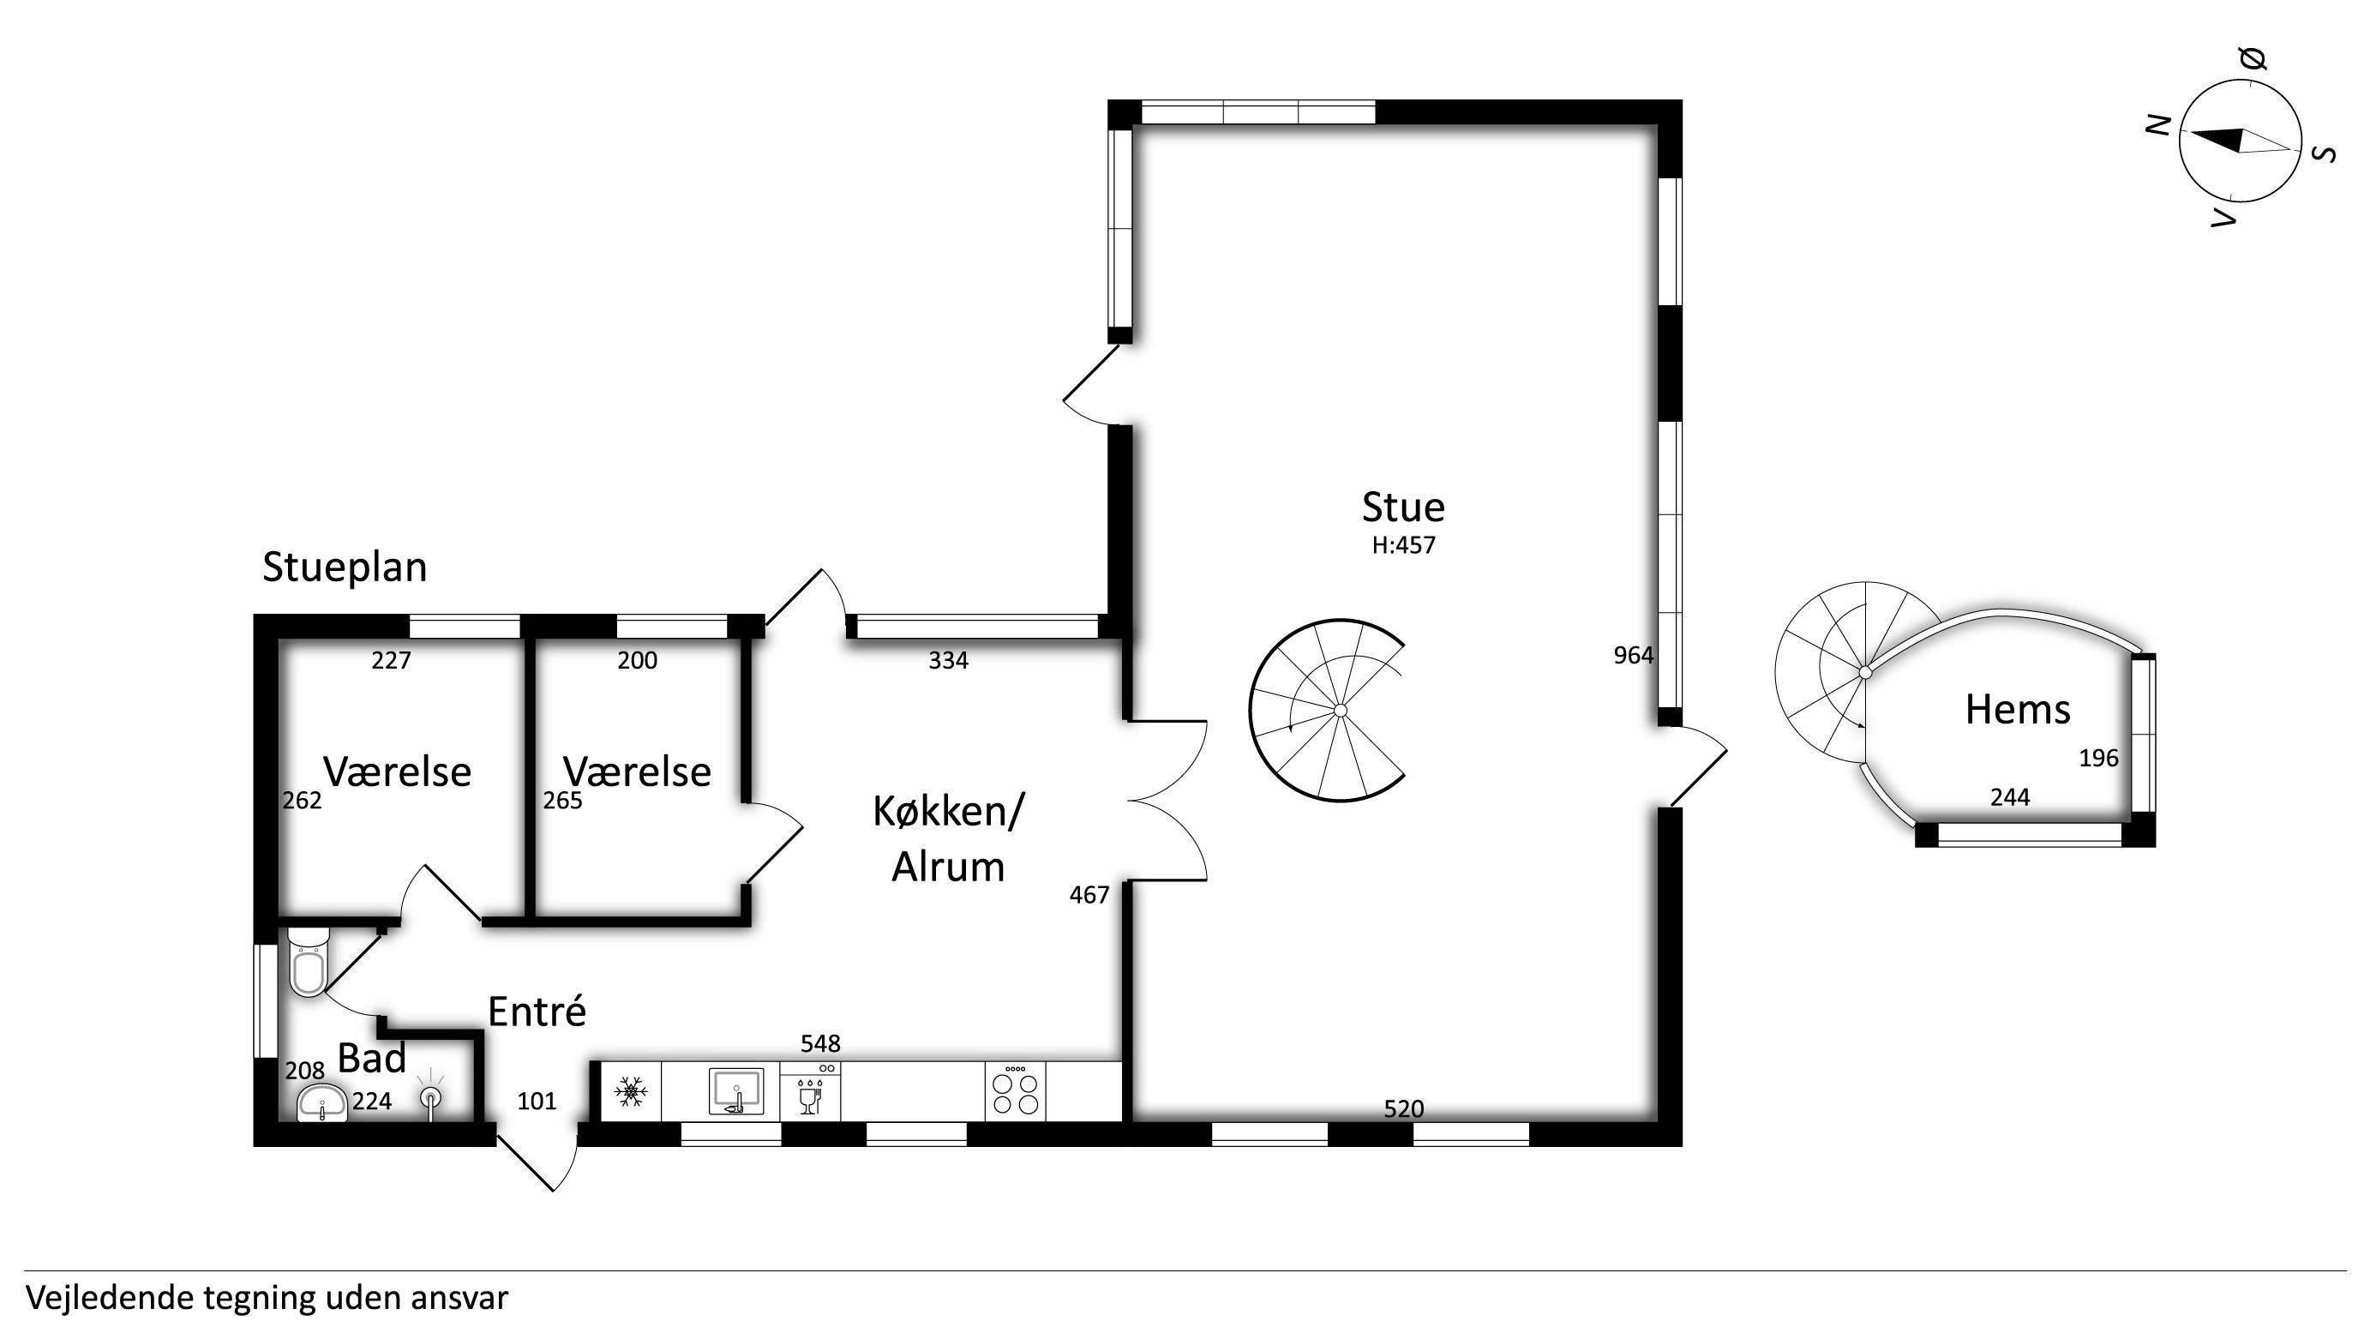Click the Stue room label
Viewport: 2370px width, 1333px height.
tap(1403, 507)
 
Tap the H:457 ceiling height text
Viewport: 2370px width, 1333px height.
tap(1403, 545)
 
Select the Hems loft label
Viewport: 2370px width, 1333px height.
tap(2018, 710)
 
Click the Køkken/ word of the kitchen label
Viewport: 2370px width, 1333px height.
tap(948, 812)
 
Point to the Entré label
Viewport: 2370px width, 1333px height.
tap(537, 1012)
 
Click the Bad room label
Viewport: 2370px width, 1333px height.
tap(372, 1059)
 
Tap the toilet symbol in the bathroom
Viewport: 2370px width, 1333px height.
tap(309, 961)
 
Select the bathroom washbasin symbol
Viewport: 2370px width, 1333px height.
tap(322, 1102)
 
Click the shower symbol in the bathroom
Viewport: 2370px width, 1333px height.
tap(430, 1096)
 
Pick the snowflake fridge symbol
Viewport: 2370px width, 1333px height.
tap(631, 1092)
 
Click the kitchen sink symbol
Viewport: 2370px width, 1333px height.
tap(736, 1091)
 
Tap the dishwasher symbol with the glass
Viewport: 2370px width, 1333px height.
tap(810, 1091)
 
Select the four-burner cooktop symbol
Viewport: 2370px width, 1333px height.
tap(1016, 1092)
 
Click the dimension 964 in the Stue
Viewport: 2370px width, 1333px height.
tap(1633, 656)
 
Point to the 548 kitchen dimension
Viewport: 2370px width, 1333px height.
tap(820, 1044)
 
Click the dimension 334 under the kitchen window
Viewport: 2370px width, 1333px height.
tap(948, 661)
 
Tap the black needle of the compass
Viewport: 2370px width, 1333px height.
tap(2216, 139)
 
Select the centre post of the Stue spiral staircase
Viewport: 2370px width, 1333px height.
tap(1341, 710)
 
